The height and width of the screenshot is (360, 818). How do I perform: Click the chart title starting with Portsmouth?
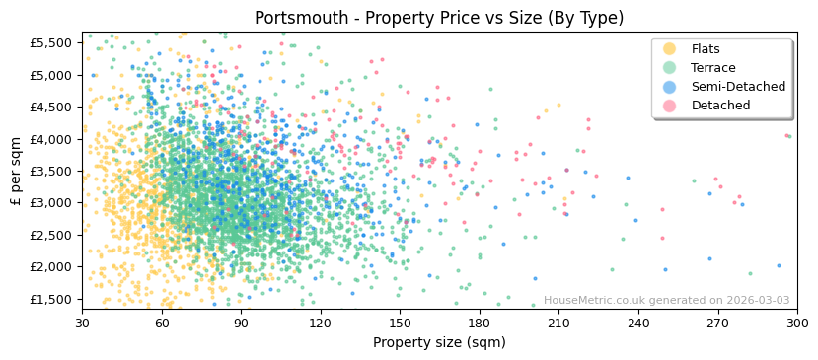click(x=439, y=18)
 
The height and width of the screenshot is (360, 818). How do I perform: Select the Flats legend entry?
click(x=706, y=49)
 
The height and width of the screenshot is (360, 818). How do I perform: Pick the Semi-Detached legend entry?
click(x=738, y=87)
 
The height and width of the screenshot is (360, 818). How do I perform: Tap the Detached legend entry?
click(x=720, y=106)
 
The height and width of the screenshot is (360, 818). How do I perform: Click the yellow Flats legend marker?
click(x=670, y=49)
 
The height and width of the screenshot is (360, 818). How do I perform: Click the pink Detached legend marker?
click(x=670, y=106)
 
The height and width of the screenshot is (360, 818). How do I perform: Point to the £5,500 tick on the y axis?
click(x=50, y=43)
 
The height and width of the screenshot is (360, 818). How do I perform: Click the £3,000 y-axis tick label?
click(x=50, y=203)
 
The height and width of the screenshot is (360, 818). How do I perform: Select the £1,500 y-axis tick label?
click(x=50, y=299)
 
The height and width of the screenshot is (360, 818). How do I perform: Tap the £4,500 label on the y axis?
click(x=50, y=108)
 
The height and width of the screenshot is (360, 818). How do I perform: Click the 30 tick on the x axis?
click(x=82, y=323)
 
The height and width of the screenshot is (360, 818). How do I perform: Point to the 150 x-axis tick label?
click(x=400, y=323)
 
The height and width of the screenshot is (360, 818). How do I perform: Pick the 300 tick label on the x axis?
click(x=796, y=323)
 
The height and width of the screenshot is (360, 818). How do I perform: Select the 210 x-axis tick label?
click(x=558, y=323)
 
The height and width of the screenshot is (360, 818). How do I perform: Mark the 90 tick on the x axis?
click(x=241, y=323)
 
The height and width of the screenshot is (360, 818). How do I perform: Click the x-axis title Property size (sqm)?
click(x=439, y=342)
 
